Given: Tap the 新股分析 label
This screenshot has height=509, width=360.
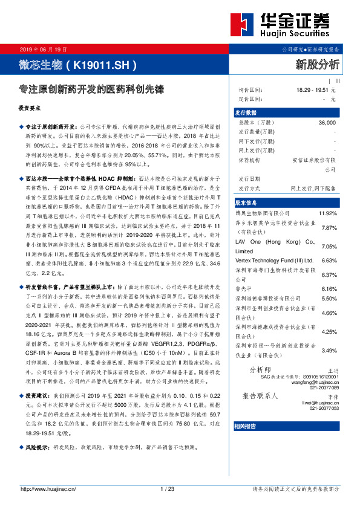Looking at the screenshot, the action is point(317,64).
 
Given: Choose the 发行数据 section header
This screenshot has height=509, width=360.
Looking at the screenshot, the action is point(246,113).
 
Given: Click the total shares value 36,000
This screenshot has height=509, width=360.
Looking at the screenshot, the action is point(326,122).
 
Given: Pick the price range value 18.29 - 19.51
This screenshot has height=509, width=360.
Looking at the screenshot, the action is point(312,89).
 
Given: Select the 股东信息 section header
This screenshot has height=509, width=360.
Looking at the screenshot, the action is point(246,203).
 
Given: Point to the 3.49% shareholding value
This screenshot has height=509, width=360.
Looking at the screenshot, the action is point(328,351).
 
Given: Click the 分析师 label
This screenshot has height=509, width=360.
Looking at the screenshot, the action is point(261,370).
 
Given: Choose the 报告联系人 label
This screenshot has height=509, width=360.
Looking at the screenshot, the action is point(260,396).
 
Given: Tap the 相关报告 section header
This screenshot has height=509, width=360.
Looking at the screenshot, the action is point(246,426).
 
